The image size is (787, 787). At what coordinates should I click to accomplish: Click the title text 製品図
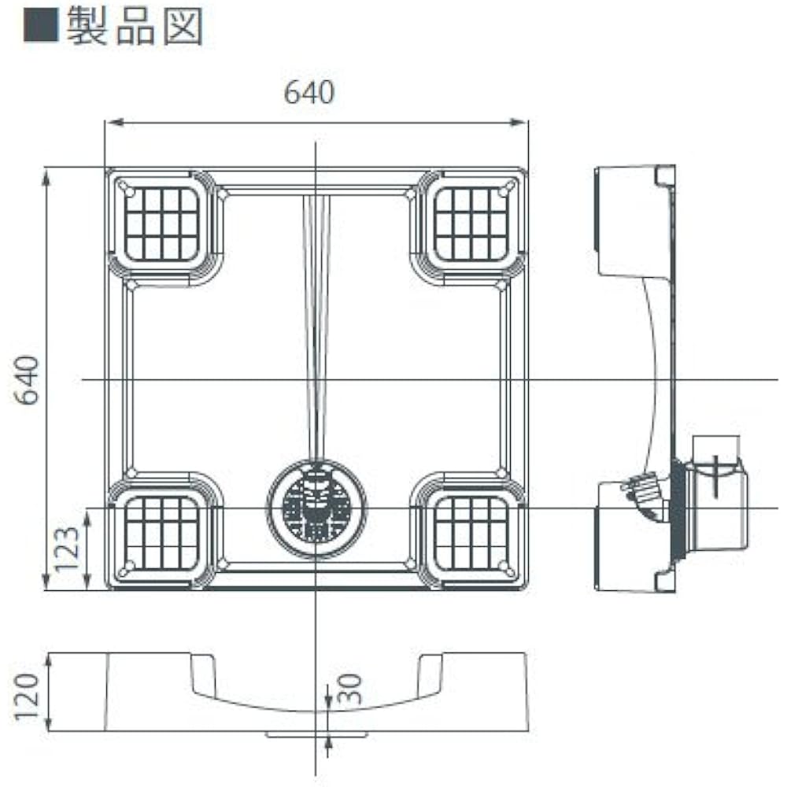(135, 26)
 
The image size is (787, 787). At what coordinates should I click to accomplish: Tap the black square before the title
(41, 26)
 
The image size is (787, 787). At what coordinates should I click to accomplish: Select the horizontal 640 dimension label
(309, 92)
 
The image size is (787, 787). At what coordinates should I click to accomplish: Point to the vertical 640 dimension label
(28, 379)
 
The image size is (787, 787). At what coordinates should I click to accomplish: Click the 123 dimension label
(67, 549)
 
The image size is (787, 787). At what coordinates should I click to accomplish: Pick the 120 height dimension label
(27, 697)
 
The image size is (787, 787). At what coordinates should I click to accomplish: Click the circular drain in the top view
(316, 508)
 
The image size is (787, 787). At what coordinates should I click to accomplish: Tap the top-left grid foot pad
(162, 224)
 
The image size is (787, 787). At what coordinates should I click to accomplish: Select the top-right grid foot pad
(471, 224)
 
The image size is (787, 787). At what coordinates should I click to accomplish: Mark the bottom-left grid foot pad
(162, 534)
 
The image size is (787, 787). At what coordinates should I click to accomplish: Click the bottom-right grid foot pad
(471, 534)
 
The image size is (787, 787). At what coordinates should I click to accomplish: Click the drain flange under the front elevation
(316, 735)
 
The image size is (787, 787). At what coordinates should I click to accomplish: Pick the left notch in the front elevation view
(203, 673)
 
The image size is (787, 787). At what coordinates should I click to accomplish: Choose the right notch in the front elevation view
(430, 673)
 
